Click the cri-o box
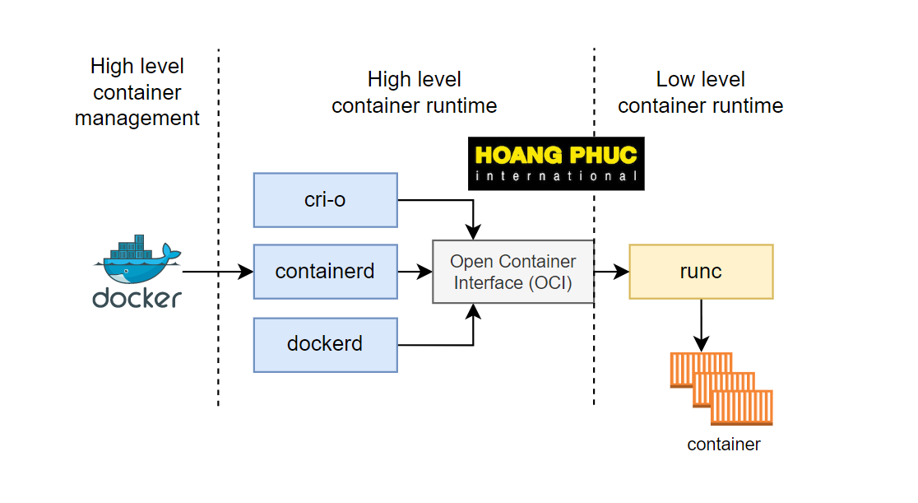pos(325,200)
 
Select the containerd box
pos(325,271)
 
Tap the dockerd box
pos(325,343)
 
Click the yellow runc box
pos(701,271)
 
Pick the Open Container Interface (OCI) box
pos(513,272)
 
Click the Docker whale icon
pos(137,258)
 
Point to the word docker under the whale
pos(137,297)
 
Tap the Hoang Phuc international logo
pos(556,164)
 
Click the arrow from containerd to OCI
pos(415,271)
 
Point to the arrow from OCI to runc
pos(611,271)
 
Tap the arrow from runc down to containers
pos(701,324)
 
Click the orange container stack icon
pos(721,389)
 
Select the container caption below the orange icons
pos(724,445)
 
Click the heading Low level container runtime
pos(701,93)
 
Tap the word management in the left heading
pos(137,118)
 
